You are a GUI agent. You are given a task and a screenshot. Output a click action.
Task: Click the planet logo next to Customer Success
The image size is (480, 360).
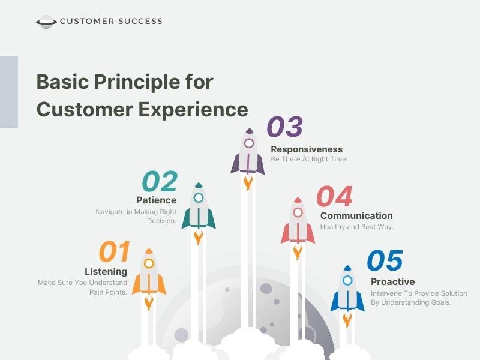click(x=46, y=22)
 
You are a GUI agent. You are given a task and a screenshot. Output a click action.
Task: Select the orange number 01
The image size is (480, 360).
click(x=114, y=253)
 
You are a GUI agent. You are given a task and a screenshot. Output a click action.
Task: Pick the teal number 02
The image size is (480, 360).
click(x=160, y=182)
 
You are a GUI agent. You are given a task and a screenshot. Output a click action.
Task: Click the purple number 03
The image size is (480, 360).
click(x=284, y=127)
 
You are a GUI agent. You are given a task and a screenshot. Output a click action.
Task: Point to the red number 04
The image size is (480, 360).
click(x=334, y=197)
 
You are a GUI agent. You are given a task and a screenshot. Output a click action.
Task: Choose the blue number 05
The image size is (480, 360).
click(x=385, y=262)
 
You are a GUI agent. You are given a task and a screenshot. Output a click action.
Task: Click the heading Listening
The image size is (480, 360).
click(x=106, y=271)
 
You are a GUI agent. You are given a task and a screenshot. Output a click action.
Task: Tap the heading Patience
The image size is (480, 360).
click(x=156, y=200)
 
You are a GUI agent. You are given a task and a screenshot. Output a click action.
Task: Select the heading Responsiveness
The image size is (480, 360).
click(x=307, y=149)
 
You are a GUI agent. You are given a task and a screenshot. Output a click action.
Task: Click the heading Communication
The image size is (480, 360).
click(x=356, y=215)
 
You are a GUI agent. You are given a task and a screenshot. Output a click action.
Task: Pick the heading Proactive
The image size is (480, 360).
click(x=392, y=281)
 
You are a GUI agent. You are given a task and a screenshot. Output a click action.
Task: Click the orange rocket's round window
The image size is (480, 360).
click(x=149, y=263)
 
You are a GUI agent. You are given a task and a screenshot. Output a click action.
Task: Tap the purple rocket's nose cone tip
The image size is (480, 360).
click(x=249, y=129)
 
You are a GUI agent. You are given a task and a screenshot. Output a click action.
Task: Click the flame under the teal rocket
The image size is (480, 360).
click(x=199, y=237)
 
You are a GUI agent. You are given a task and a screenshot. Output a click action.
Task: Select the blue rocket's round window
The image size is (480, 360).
click(x=347, y=280)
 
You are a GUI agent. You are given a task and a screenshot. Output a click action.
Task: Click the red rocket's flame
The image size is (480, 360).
click(x=298, y=251)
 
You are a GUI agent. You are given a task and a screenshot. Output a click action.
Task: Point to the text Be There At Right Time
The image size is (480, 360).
click(x=309, y=160)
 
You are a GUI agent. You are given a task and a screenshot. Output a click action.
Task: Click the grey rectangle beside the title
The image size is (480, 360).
click(x=8, y=92)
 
